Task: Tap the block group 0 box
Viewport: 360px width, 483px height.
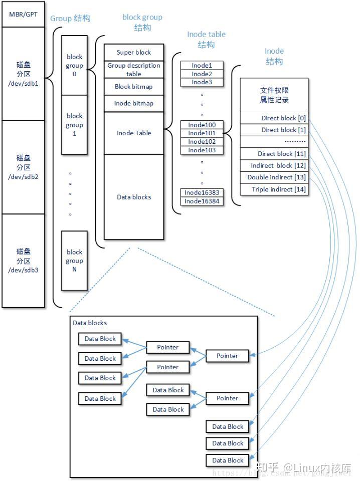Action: point(74,65)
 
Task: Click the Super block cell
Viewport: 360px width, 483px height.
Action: point(133,52)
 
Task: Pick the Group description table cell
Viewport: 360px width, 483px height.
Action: point(133,70)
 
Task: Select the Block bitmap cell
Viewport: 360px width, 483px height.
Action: point(133,86)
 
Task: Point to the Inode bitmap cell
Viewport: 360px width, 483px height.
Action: point(133,103)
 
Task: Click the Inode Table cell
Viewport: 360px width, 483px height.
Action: point(133,133)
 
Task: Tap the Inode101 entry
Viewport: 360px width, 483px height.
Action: point(202,133)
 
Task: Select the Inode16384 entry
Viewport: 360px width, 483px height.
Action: point(202,201)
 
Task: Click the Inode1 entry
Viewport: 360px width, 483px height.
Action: point(202,65)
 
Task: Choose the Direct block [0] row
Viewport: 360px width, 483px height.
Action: point(274,118)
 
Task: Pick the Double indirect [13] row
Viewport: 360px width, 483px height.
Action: point(274,177)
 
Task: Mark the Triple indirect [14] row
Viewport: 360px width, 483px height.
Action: point(274,189)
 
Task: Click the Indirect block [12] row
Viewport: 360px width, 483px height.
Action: point(274,165)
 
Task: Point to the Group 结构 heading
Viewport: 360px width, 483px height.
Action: point(70,19)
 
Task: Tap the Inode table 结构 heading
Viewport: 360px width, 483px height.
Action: point(206,40)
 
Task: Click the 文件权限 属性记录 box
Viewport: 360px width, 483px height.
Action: point(274,95)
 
